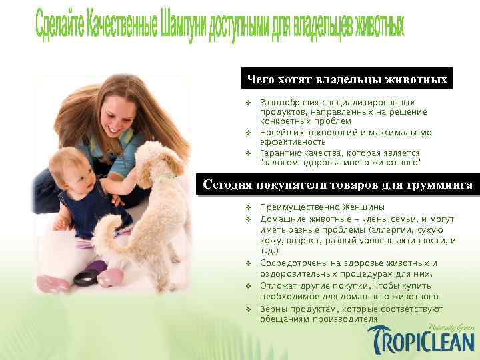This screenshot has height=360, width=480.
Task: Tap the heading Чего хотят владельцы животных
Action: pos(347,79)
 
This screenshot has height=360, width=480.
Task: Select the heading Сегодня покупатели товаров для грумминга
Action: pos(338,185)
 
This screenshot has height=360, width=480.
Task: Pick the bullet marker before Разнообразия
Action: pos(247,103)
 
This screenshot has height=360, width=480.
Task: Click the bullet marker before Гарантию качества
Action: pos(247,153)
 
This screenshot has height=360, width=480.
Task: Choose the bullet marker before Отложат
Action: pos(247,287)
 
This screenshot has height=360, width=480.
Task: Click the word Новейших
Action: pos(280,133)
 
